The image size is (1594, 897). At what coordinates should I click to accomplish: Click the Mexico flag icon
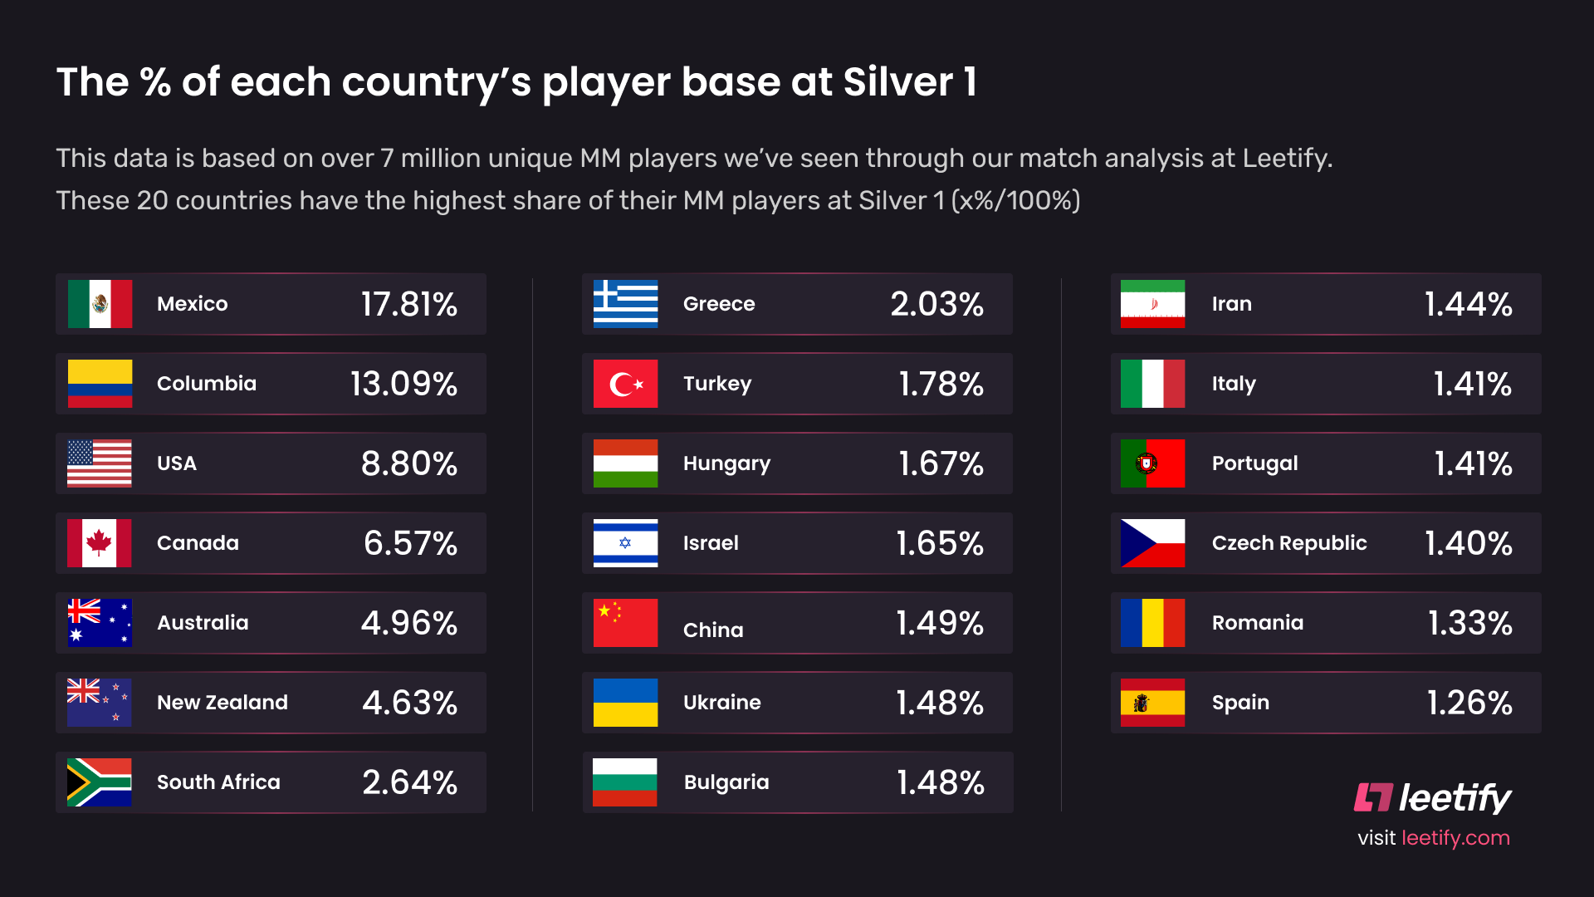point(100,304)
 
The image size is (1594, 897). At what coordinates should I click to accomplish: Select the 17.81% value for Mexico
point(408,304)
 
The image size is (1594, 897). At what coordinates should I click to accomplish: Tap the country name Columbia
point(207,384)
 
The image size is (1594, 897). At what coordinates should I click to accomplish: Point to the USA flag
point(100,463)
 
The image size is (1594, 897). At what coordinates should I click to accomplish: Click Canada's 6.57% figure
point(410,543)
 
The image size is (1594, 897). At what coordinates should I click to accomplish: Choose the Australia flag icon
point(100,623)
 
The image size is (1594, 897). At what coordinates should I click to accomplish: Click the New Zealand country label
point(222,703)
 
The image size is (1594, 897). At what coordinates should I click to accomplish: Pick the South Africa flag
point(100,782)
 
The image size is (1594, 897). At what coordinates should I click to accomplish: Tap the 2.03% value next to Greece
point(936,304)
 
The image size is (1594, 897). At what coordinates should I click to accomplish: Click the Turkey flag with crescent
point(626,384)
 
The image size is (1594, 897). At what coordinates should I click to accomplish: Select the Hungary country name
point(726,463)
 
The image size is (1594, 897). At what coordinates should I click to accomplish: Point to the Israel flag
point(626,543)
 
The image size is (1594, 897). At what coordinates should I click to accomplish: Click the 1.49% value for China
point(940,623)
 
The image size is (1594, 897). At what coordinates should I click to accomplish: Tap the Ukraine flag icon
point(626,703)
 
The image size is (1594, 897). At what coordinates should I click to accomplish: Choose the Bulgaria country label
point(726,782)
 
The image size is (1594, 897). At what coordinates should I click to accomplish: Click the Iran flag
point(1152,304)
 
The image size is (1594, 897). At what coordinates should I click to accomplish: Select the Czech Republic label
point(1289,543)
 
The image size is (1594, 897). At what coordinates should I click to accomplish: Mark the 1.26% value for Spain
point(1469,703)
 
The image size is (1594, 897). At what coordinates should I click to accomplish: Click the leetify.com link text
point(1455,838)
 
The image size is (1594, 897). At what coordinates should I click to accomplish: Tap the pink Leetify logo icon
point(1373,797)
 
